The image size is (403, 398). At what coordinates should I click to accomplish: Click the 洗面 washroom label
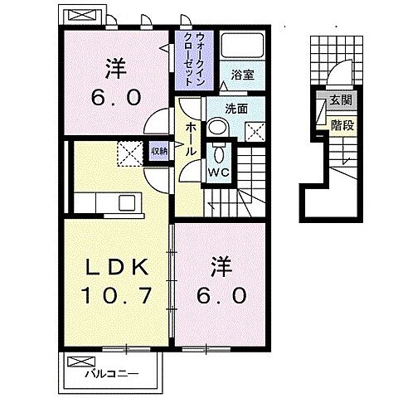237,108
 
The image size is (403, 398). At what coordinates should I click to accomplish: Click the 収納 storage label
158,151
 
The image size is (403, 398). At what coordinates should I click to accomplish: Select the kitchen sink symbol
127,202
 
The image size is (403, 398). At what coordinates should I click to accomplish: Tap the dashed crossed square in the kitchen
129,152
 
